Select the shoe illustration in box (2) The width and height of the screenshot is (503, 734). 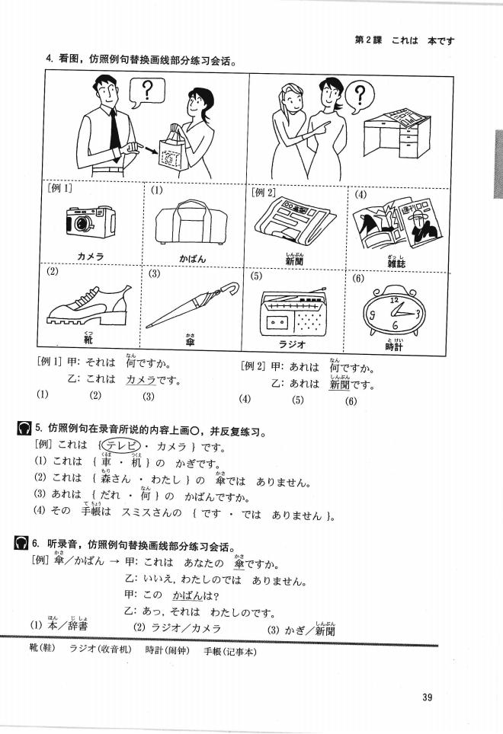coord(84,301)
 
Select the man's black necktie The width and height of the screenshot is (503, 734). coord(114,129)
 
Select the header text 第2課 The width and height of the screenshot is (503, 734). coord(369,40)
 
